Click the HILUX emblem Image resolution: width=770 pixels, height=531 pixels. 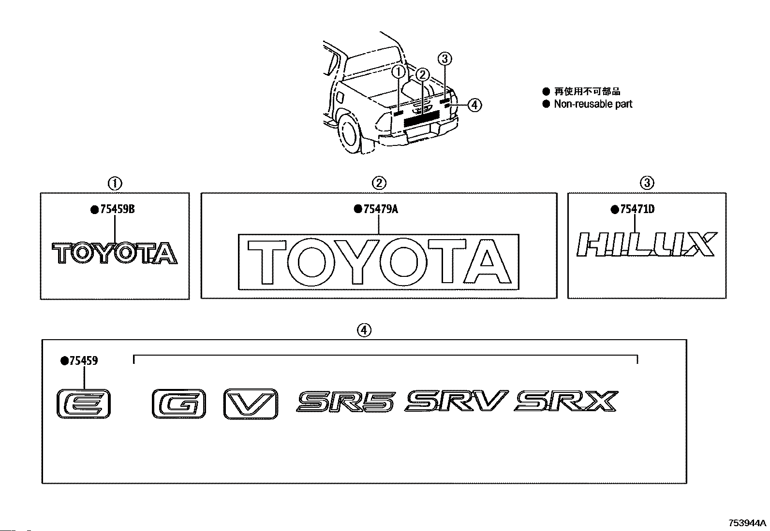point(647,244)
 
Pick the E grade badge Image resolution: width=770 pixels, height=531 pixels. point(84,403)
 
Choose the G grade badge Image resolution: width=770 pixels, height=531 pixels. point(178,403)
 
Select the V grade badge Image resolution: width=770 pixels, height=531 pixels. point(251,403)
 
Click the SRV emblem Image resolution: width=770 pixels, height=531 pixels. point(457,402)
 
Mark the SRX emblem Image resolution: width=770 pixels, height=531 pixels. point(567,402)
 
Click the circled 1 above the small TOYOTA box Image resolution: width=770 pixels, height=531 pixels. point(115,184)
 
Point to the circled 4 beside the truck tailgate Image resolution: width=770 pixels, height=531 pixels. point(475,105)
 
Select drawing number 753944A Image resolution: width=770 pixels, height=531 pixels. point(748,523)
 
